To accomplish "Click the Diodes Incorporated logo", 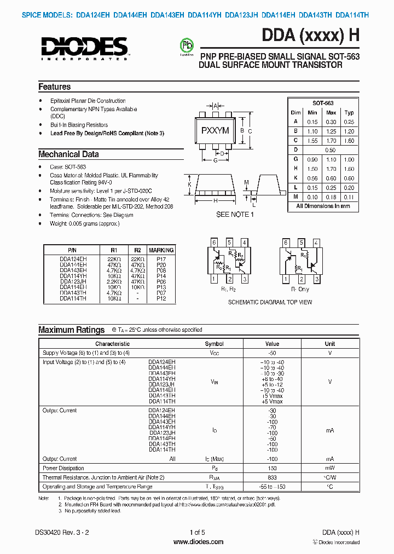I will pyautogui.click(x=83, y=47).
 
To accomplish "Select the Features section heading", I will pyautogui.click(x=54, y=87).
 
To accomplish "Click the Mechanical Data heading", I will pyautogui.click(x=68, y=154).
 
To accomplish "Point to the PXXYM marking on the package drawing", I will pyautogui.click(x=215, y=131).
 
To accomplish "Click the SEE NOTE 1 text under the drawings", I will pyautogui.click(x=235, y=215).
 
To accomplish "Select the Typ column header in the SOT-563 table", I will pyautogui.click(x=348, y=112).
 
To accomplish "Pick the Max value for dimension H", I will pyautogui.click(x=331, y=169).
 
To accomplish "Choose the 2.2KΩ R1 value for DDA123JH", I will pyautogui.click(x=114, y=281).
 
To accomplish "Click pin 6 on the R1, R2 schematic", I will pyautogui.click(x=215, y=243).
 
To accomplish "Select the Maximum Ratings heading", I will pyautogui.click(x=71, y=330).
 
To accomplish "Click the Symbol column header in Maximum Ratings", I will pyautogui.click(x=214, y=344).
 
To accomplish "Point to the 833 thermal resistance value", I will pyautogui.click(x=272, y=477).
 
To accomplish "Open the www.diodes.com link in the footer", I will pyautogui.click(x=198, y=542).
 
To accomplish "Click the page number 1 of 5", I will pyautogui.click(x=197, y=533).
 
